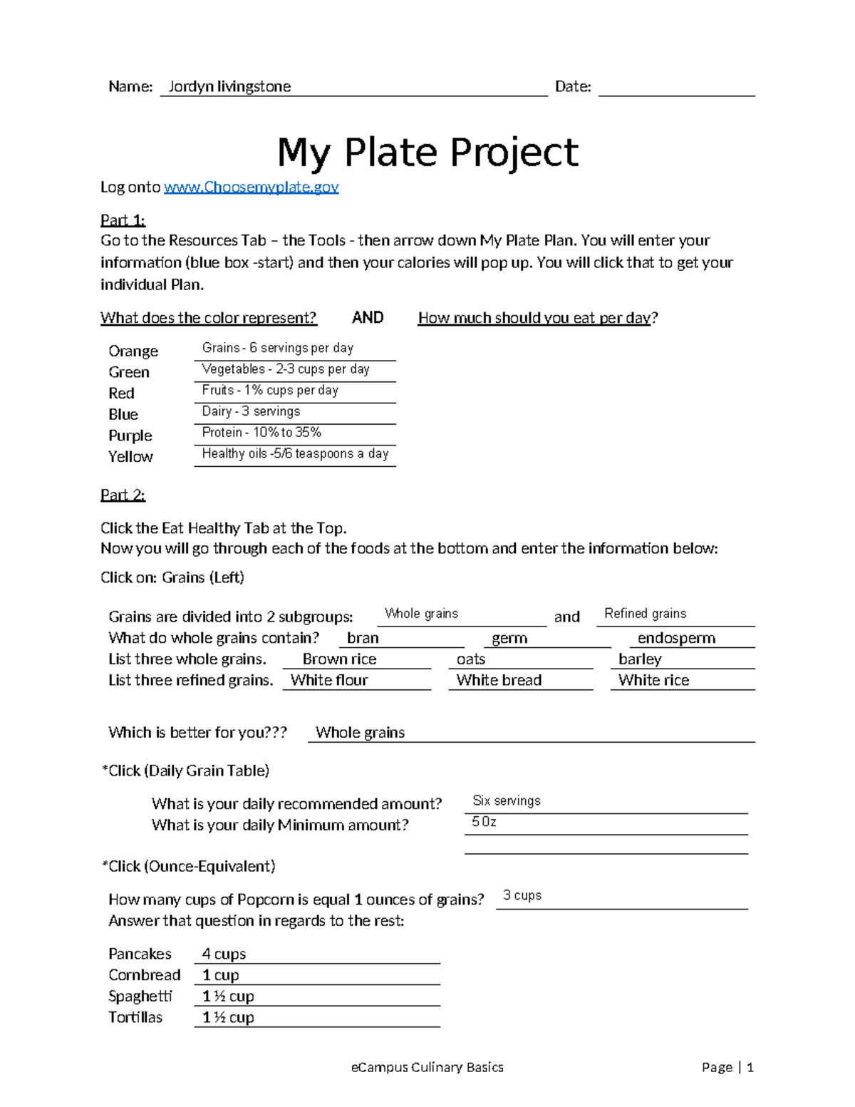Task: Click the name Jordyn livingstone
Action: coord(229,87)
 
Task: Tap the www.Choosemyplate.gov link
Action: coord(251,187)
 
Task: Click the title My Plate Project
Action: coord(427,153)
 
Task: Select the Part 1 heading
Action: coord(123,220)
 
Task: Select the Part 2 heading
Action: coord(123,495)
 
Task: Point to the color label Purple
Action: coord(130,436)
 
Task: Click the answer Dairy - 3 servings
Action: coord(251,412)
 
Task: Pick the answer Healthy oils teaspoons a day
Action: coord(295,454)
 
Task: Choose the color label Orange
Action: coord(133,351)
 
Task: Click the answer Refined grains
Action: coord(645,614)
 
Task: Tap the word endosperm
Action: coord(676,639)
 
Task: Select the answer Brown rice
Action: coord(339,659)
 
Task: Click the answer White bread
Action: coord(499,681)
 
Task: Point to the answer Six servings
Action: coord(507,801)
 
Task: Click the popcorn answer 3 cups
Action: coord(522,896)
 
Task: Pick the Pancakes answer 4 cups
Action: coord(224,954)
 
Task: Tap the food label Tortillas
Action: coord(135,1018)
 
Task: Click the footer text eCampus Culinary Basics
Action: coord(427,1068)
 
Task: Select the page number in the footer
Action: coord(727,1068)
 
